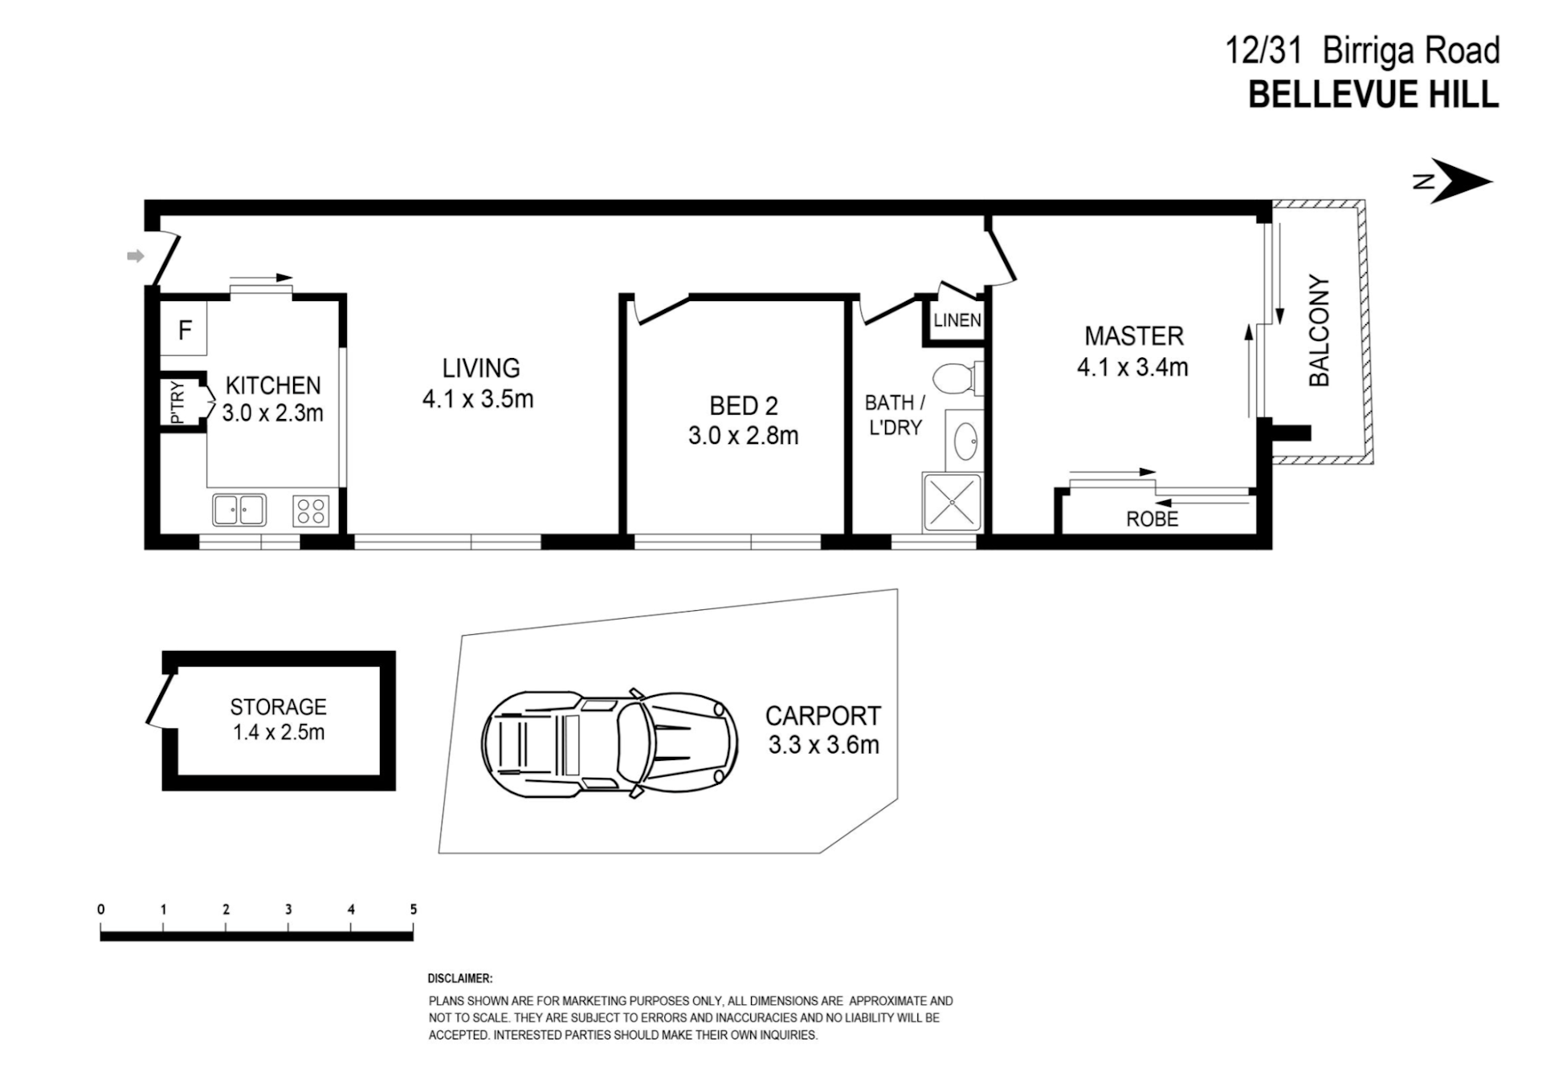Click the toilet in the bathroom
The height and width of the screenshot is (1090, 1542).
click(x=960, y=378)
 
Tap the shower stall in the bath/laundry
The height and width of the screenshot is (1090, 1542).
click(x=953, y=502)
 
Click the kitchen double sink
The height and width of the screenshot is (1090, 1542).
click(x=239, y=510)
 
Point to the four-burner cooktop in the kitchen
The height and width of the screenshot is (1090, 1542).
click(x=311, y=510)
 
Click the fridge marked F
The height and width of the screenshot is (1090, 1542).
click(x=184, y=329)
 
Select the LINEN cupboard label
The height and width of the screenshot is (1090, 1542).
click(x=957, y=320)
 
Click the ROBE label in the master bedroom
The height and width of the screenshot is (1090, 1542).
click(x=1152, y=519)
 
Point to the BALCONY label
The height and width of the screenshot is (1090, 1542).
click(x=1320, y=331)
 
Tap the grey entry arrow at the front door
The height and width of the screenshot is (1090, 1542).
click(x=136, y=256)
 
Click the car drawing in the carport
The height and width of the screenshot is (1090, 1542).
click(x=610, y=745)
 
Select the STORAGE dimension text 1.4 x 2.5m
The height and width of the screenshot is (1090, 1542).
click(x=279, y=732)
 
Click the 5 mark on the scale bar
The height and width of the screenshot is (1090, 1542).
click(x=414, y=909)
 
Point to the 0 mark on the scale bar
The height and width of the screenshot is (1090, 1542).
click(x=101, y=909)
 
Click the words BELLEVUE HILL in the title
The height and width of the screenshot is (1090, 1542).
click(x=1373, y=94)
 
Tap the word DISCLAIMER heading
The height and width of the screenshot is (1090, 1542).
click(x=460, y=978)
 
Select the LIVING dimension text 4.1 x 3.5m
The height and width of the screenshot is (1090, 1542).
click(x=478, y=399)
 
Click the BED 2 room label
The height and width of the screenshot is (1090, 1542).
click(x=744, y=406)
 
